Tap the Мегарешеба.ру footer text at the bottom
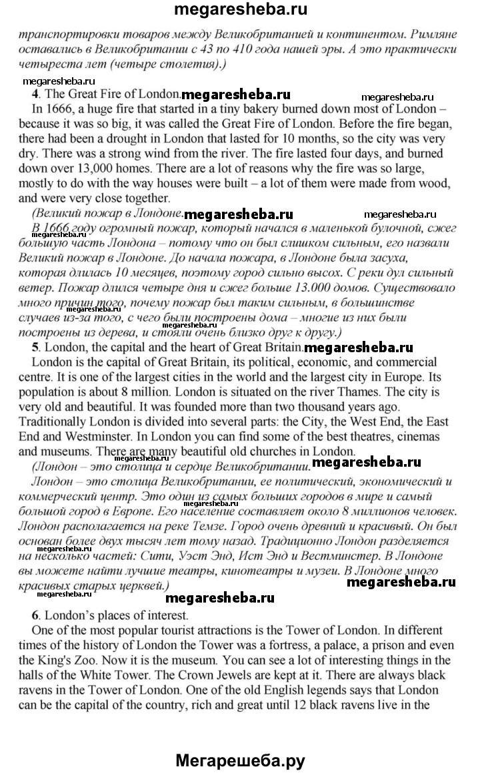pos(241,759)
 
